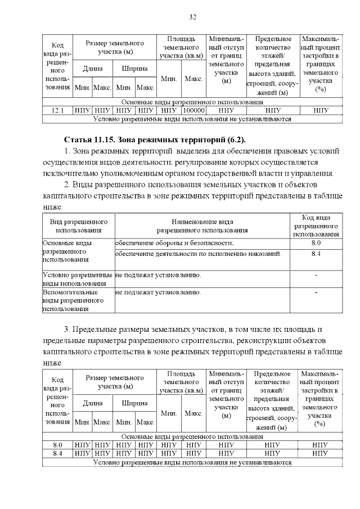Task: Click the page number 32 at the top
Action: [x=192, y=17]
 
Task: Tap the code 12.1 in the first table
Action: [x=57, y=111]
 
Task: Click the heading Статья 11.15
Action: [x=91, y=139]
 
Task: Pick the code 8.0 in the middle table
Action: [x=316, y=242]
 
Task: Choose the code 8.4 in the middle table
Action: [x=316, y=254]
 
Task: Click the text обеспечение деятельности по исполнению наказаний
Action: [x=197, y=254]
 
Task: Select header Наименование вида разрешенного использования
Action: [x=202, y=226]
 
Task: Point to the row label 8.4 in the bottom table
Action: [x=57, y=453]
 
